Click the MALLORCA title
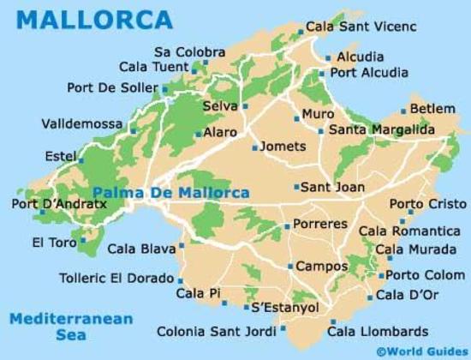click(x=93, y=19)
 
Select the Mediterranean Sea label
click(x=71, y=327)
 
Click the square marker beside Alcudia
click(x=327, y=58)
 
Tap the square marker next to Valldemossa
click(x=134, y=131)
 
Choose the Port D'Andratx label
click(x=48, y=204)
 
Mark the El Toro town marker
click(x=83, y=242)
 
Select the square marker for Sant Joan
click(x=296, y=187)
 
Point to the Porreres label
click(x=320, y=224)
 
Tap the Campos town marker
click(x=290, y=267)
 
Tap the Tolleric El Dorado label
click(x=116, y=278)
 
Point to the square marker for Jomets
click(x=254, y=147)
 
